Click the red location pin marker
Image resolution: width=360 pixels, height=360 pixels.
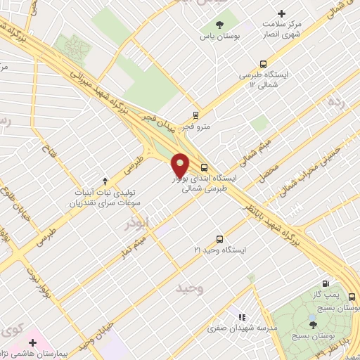pyautogui.click(x=181, y=165)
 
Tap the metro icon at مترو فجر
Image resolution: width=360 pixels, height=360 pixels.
pyautogui.click(x=195, y=115)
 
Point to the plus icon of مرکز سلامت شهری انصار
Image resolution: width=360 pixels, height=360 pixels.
pyautogui.click(x=282, y=13)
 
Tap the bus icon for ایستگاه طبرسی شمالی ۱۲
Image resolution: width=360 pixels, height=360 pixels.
pyautogui.click(x=263, y=63)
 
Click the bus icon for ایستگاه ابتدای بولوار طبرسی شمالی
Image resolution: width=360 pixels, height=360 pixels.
pyautogui.click(x=204, y=167)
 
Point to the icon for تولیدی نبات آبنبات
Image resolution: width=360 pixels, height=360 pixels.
pyautogui.click(x=105, y=181)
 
